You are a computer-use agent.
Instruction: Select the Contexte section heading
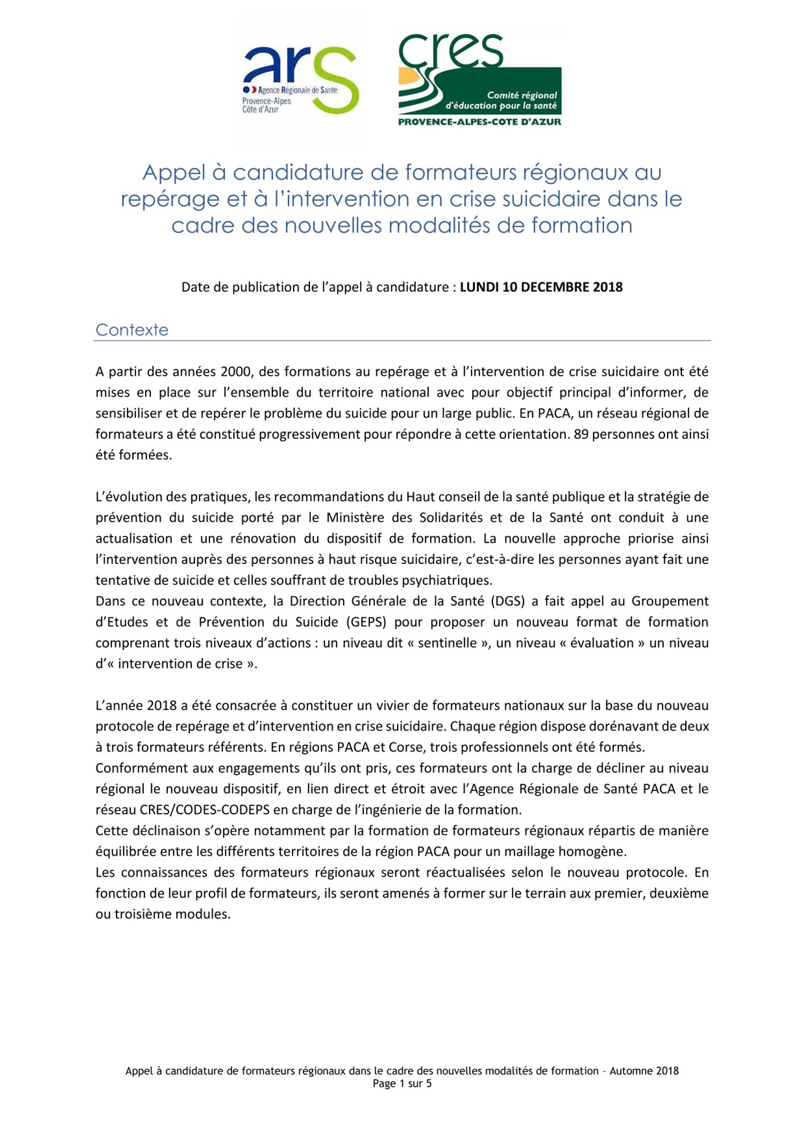[132, 330]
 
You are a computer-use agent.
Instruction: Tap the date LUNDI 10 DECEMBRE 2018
[541, 287]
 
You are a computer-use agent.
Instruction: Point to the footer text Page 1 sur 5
[402, 1084]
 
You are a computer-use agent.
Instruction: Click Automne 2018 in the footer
[644, 1071]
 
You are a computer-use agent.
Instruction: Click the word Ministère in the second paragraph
[354, 518]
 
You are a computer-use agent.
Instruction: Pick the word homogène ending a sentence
[592, 852]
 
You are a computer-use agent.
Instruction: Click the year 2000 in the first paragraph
[232, 372]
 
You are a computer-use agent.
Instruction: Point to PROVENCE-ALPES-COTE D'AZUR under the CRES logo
[479, 122]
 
